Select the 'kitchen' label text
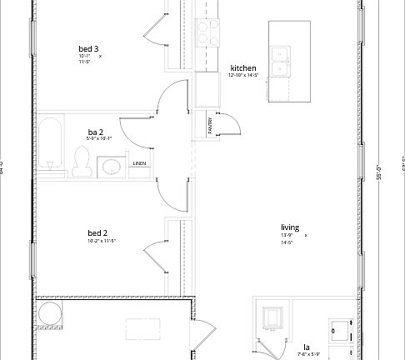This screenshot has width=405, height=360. [242, 67]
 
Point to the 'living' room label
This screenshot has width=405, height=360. [290, 227]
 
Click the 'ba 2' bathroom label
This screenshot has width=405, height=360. [96, 132]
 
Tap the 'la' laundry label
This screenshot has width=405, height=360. [306, 347]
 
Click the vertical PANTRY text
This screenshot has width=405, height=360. [210, 125]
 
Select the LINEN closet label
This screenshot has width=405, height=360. [140, 163]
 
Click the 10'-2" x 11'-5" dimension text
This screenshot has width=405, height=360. [101, 241]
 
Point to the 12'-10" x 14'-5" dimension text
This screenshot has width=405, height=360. [244, 76]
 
